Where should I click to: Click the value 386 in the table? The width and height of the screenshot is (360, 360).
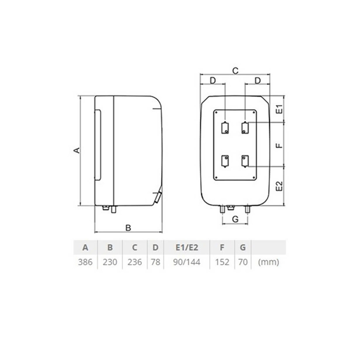point(85,262)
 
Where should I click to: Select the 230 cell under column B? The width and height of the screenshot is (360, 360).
point(110,262)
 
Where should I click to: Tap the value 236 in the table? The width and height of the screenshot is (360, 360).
point(135,262)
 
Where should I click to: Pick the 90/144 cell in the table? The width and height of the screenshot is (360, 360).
point(187,262)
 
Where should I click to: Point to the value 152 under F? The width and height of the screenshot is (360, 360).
point(222,262)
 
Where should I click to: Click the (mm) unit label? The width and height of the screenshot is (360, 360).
point(268,262)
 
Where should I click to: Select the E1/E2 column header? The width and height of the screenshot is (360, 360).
point(187,247)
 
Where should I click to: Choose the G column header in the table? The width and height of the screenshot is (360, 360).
point(243,247)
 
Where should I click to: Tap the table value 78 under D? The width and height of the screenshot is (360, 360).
point(155,262)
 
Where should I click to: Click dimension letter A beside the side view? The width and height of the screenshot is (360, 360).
point(77,150)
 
